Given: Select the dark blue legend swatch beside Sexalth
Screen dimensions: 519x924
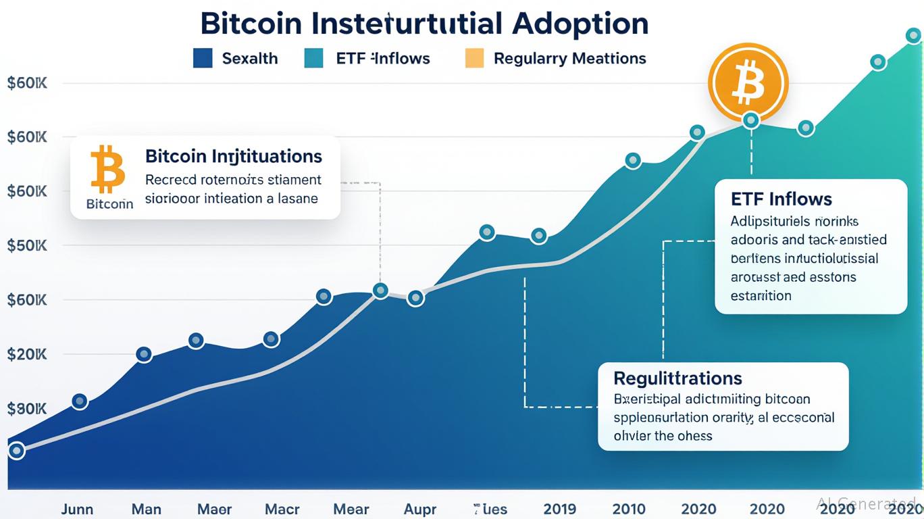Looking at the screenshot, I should pos(203,58).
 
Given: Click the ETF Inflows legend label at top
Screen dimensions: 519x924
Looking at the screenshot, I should pos(382,59).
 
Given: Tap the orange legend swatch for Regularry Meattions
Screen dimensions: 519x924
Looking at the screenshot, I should pos(475,58).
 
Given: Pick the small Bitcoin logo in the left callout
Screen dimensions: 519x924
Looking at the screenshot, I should pos(108,169).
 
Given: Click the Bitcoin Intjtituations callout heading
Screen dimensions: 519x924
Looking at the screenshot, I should pos(233,157).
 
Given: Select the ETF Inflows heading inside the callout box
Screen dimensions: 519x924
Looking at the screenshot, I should pos(781,199).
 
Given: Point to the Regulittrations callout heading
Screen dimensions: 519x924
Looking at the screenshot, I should pos(677,378).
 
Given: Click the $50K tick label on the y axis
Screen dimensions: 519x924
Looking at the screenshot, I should pos(26,245).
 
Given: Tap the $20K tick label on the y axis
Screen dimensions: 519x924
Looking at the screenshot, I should pos(26,354).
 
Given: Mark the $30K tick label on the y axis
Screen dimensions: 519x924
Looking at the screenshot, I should pos(26,409).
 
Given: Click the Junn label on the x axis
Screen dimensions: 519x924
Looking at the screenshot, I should pos(77,509).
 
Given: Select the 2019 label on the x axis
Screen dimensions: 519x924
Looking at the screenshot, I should pos(560,509).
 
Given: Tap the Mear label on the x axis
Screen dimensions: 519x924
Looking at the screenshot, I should pos(351,509).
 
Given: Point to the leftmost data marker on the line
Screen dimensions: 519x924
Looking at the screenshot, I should pos(16,451).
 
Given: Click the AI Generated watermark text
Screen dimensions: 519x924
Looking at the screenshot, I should pos(866,503).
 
